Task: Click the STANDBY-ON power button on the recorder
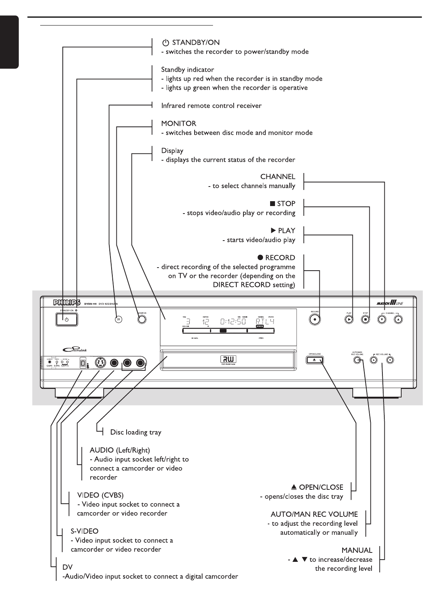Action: tap(66, 319)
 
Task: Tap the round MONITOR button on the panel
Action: tap(142, 319)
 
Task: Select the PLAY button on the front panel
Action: tap(349, 319)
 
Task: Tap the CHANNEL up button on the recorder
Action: tap(399, 319)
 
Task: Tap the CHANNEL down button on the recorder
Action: tap(382, 319)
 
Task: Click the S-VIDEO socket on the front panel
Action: tap(99, 363)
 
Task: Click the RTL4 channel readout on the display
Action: tap(265, 321)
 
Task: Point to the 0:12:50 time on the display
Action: tap(233, 321)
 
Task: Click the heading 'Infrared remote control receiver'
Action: tap(211, 106)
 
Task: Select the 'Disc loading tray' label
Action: tap(136, 432)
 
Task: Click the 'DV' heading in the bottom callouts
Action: tap(68, 567)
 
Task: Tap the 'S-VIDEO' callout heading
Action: tap(85, 531)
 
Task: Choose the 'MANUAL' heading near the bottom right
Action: tap(357, 550)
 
